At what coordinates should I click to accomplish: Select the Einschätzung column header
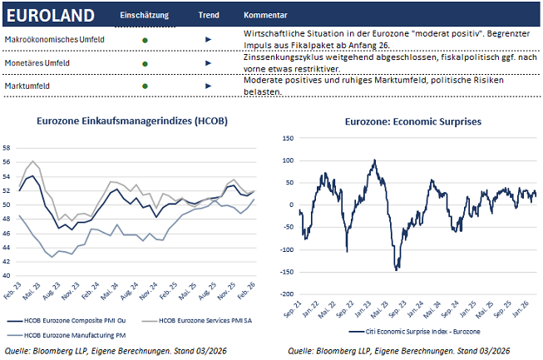pos(143,16)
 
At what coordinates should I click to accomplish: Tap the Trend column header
pos(209,16)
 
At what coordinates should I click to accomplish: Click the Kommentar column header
pos(265,16)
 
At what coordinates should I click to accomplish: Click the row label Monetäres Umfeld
pos(37,62)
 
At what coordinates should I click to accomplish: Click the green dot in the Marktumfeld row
pos(145,86)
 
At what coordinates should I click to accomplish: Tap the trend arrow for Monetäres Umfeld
pos(208,62)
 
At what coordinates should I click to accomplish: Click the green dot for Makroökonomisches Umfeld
pos(145,39)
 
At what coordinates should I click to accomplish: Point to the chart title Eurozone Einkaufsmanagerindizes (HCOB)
pos(132,121)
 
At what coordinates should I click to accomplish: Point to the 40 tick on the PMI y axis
pos(8,276)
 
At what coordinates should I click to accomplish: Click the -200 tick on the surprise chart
pos(287,294)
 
